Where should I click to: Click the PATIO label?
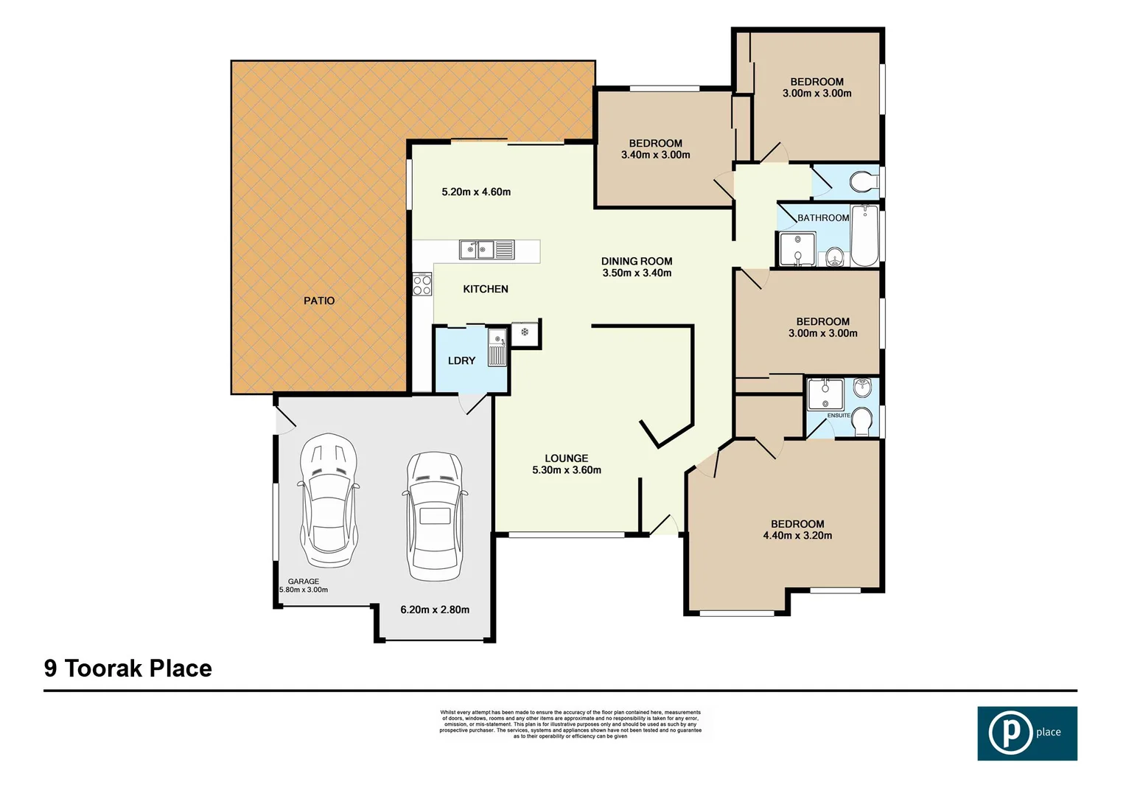tap(319, 301)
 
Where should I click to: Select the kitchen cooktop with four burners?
tap(422, 284)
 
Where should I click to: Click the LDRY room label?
tap(461, 360)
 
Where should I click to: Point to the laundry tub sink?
tap(498, 349)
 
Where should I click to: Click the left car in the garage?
tap(329, 500)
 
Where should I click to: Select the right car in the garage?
tap(435, 515)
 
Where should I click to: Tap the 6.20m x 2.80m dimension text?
tap(435, 610)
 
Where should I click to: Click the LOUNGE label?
tap(566, 458)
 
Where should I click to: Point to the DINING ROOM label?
tap(637, 261)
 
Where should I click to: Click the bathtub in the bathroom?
tap(865, 236)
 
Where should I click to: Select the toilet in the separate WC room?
tap(861, 181)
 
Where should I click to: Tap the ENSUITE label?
tap(839, 416)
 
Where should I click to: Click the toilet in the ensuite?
tap(862, 422)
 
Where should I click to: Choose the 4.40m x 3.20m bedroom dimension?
tap(797, 536)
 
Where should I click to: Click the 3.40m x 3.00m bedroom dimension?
tap(655, 155)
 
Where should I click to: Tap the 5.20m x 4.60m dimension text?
tap(476, 192)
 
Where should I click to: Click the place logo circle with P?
tap(1010, 733)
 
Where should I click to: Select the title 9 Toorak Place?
tap(128, 668)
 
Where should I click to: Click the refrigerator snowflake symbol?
tap(525, 332)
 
